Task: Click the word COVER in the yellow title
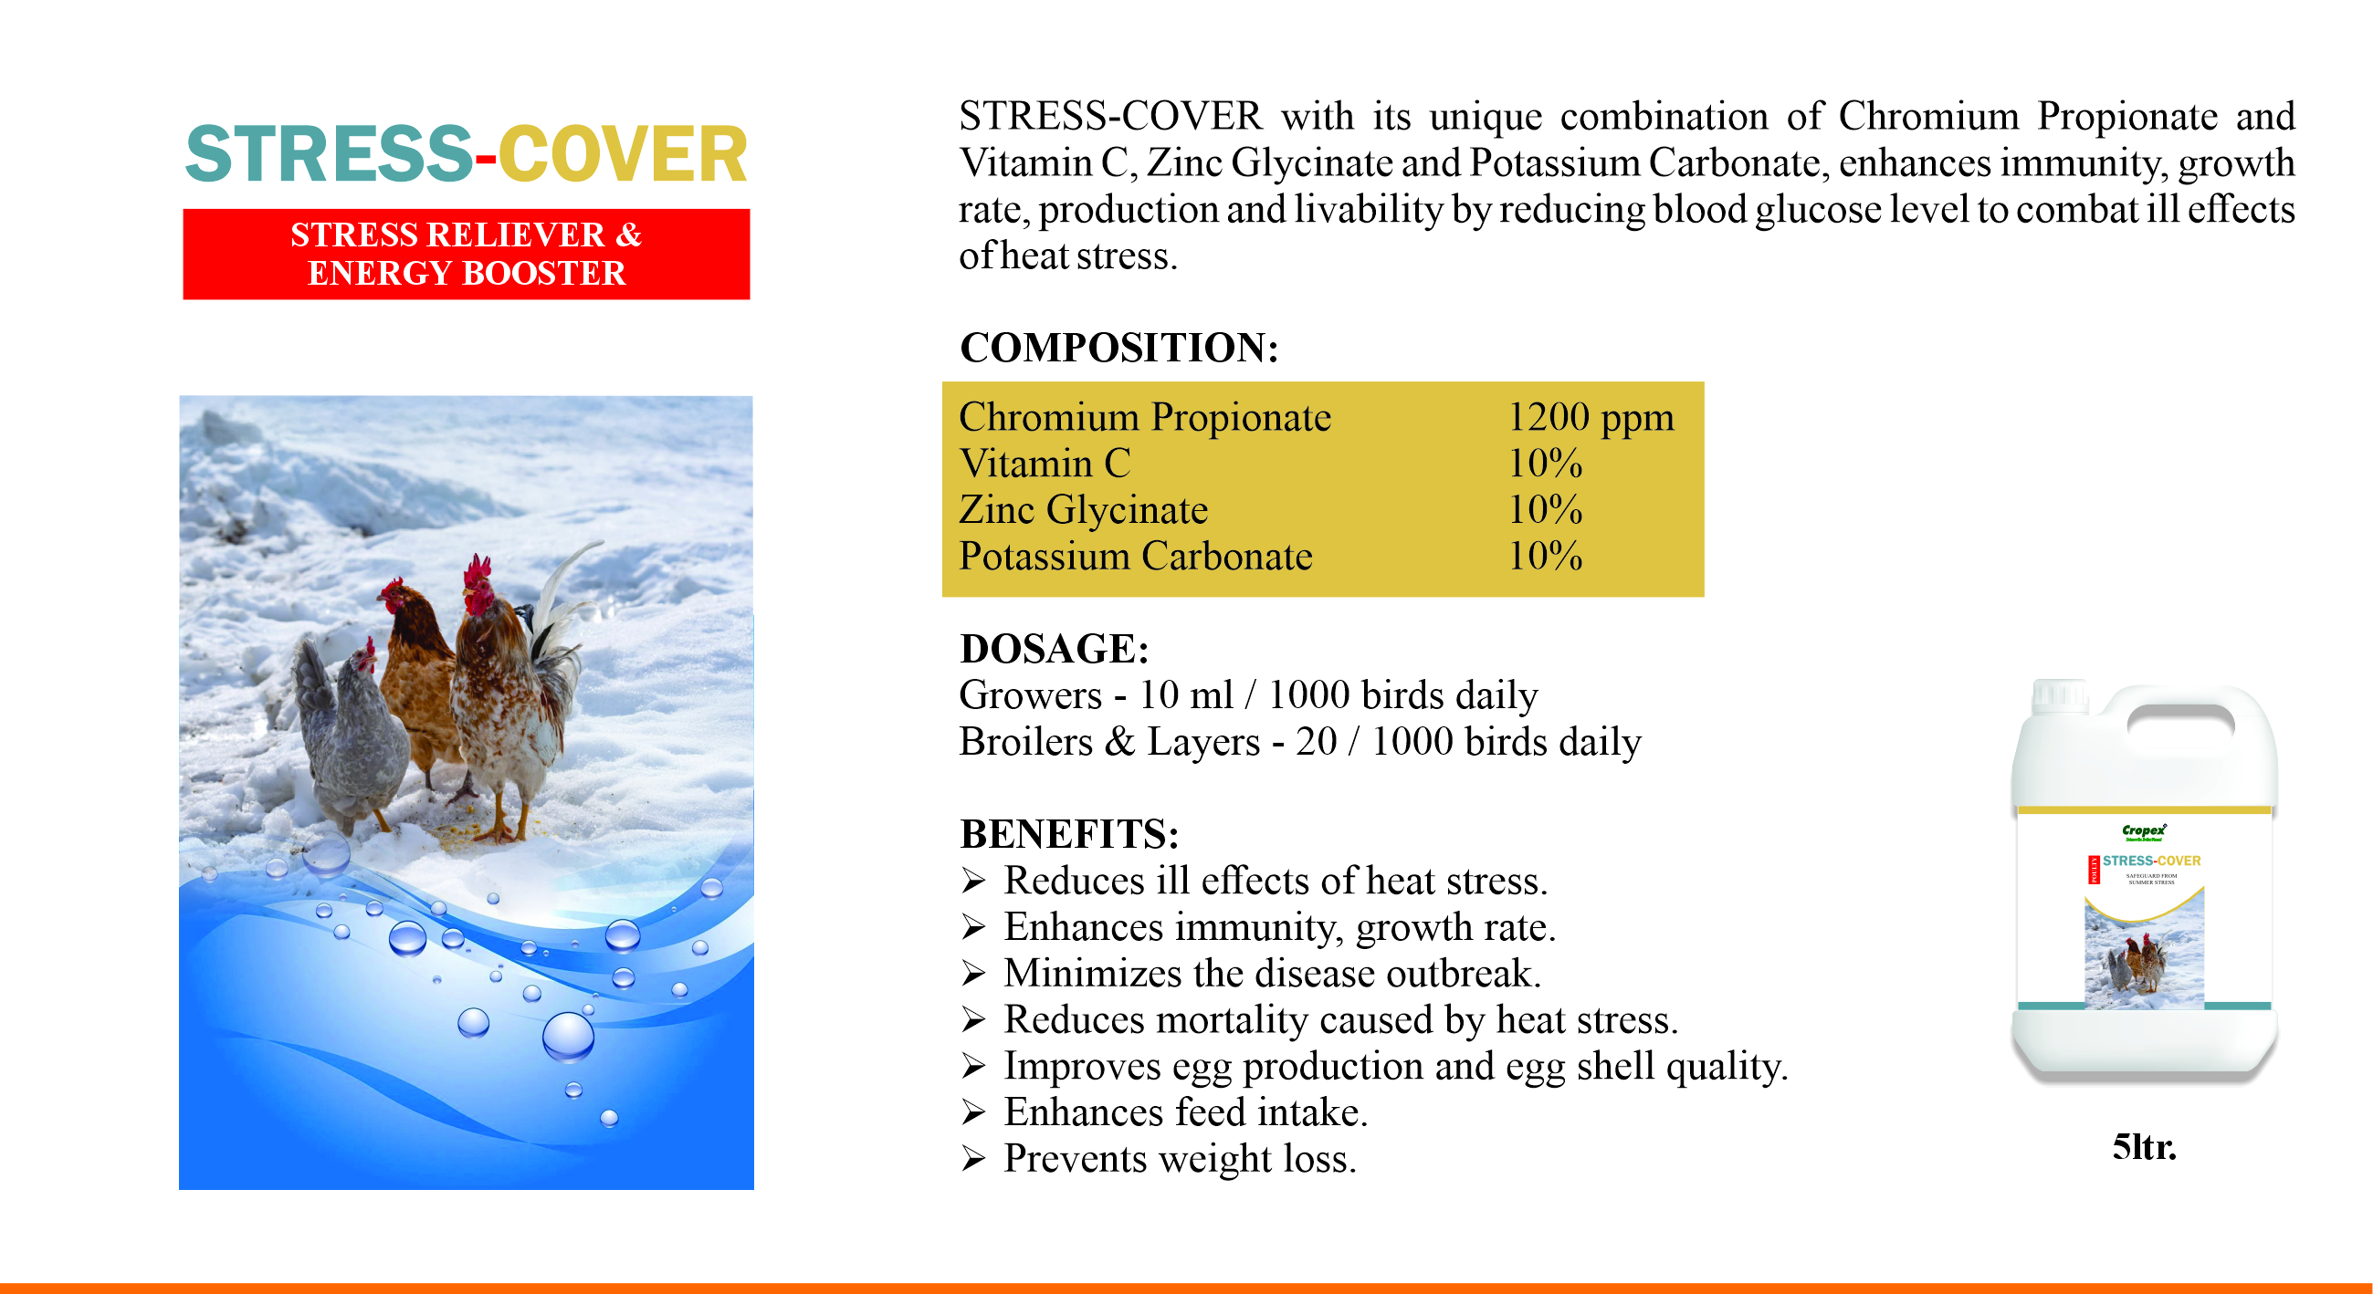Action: pyautogui.click(x=622, y=155)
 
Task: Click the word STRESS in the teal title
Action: pyautogui.click(x=329, y=155)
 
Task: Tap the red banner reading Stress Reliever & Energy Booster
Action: pyautogui.click(x=467, y=255)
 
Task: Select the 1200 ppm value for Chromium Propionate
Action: pyautogui.click(x=1590, y=417)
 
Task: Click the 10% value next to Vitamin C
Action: pyautogui.click(x=1545, y=464)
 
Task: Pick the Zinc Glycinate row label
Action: pyautogui.click(x=1082, y=510)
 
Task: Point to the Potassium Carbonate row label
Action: pyautogui.click(x=1135, y=557)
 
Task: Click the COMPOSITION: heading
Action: pyautogui.click(x=1118, y=348)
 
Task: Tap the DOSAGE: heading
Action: pyautogui.click(x=1054, y=650)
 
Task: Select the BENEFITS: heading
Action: pyautogui.click(x=1068, y=834)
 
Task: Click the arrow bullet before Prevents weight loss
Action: pyautogui.click(x=972, y=1159)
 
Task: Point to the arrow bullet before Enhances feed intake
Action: pyautogui.click(x=972, y=1112)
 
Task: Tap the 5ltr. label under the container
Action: pyautogui.click(x=2144, y=1148)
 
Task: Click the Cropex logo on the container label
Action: pyautogui.click(x=2144, y=831)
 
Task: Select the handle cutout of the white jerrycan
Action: pyautogui.click(x=2180, y=718)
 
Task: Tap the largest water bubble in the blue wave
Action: pyautogui.click(x=568, y=1036)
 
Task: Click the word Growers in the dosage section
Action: pyautogui.click(x=1030, y=695)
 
